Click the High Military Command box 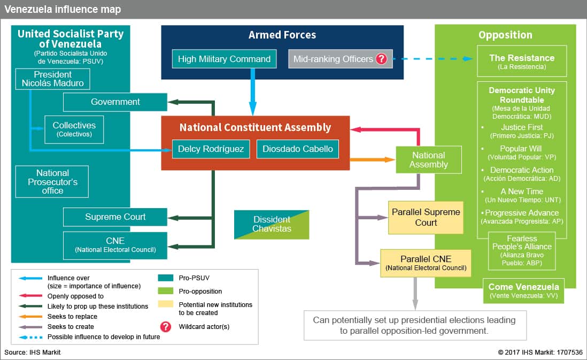tap(224, 59)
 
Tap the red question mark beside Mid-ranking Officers tap(382, 59)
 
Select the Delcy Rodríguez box tap(211, 149)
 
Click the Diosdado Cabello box tap(298, 149)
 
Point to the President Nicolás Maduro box tap(53, 79)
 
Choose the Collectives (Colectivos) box tap(74, 129)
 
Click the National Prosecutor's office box tap(52, 182)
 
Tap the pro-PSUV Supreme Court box tap(115, 217)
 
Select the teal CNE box tap(115, 246)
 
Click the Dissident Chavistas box tap(272, 224)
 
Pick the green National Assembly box tap(429, 160)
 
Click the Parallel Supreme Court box tap(426, 218)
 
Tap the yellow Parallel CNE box tap(426, 263)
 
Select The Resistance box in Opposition tap(522, 61)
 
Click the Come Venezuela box tap(523, 290)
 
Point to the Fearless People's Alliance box tap(522, 251)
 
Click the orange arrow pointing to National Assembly tap(373, 160)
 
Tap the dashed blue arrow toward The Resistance tap(432, 59)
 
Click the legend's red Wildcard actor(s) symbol tap(166, 327)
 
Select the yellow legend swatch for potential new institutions tap(166, 304)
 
